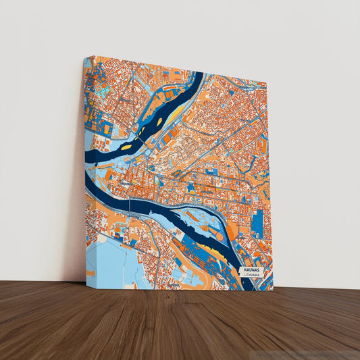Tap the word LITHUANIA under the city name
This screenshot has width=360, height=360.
(251, 276)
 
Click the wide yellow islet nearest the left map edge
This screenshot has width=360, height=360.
(126, 147)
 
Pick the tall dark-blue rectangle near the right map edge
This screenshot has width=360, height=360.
(257, 222)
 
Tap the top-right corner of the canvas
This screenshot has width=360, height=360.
(266, 84)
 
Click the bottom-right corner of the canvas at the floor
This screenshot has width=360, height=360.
(273, 290)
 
